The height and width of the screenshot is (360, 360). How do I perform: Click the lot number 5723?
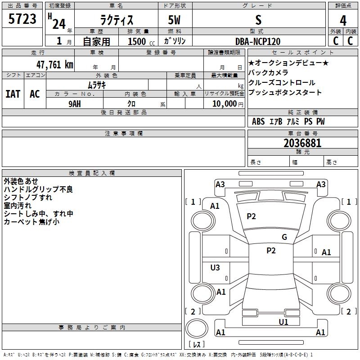[x=22, y=19]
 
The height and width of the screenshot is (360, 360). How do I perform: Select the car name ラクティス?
[x=116, y=20]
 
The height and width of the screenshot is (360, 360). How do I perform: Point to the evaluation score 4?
[x=343, y=20]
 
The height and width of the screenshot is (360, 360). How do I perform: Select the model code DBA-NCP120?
[x=258, y=41]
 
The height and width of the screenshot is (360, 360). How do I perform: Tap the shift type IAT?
[x=13, y=94]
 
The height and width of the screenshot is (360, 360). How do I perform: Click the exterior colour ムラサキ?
[x=97, y=85]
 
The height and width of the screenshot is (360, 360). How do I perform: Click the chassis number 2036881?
[x=302, y=143]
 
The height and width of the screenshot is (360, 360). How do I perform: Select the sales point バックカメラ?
[x=268, y=73]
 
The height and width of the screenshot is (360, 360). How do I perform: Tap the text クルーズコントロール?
[x=282, y=83]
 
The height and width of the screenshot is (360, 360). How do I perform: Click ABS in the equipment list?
[x=258, y=121]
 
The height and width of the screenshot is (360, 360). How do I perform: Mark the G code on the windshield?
[x=284, y=237]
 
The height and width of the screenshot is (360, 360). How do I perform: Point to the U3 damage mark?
[x=215, y=268]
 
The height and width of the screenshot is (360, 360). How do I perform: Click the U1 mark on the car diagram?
[x=283, y=322]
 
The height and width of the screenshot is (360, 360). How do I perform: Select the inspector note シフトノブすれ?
[x=28, y=197]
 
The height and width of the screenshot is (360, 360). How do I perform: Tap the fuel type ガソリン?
[x=175, y=41]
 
